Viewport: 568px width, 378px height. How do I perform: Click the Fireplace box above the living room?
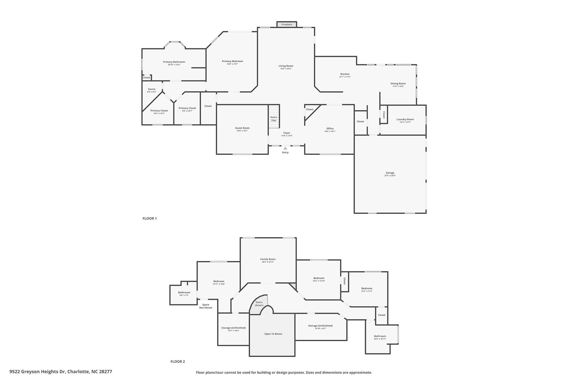[x=286, y=24]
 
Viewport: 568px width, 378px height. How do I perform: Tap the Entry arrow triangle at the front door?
[x=285, y=148]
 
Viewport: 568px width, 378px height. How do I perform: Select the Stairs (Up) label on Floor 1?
[x=273, y=119]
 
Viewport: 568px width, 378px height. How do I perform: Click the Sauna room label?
[x=151, y=89]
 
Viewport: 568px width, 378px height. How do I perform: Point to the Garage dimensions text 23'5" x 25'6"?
[x=390, y=176]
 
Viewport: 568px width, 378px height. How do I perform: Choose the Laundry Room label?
[x=405, y=119]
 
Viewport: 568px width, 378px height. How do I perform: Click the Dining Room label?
[x=398, y=83]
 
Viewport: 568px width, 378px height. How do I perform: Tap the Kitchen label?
[x=345, y=74]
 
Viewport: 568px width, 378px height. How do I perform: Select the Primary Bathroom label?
[x=174, y=62]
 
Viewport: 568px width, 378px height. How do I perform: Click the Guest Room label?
[x=242, y=128]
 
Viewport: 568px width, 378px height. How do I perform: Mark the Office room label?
[x=330, y=128]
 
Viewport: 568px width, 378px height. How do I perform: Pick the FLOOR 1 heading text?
[x=149, y=218]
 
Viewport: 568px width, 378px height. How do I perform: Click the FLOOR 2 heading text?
[x=177, y=361]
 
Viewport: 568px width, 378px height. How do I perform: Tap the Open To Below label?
[x=273, y=334]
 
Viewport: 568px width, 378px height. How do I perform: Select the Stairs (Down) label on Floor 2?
[x=259, y=304]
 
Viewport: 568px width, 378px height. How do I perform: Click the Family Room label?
[x=268, y=259]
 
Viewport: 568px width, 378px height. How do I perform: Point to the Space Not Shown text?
[x=206, y=306]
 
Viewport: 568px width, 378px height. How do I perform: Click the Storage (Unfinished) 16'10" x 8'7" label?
[x=320, y=326]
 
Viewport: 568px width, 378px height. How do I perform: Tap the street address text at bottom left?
[x=61, y=372]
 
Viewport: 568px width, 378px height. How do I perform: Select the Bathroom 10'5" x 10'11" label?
[x=380, y=336]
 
